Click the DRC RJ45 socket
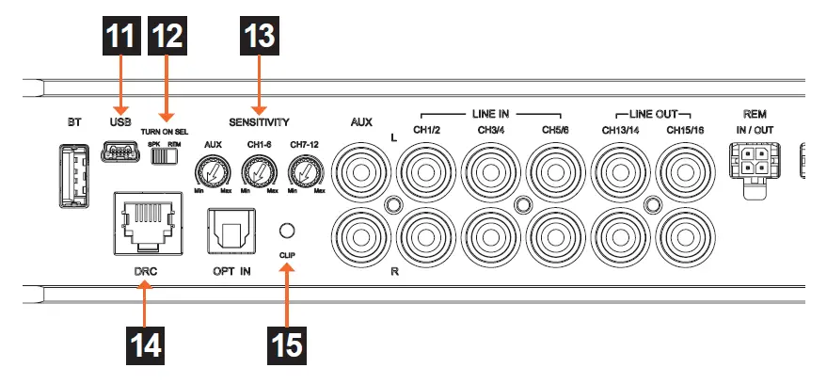tap(143, 222)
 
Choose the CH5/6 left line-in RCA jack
tap(554, 172)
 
